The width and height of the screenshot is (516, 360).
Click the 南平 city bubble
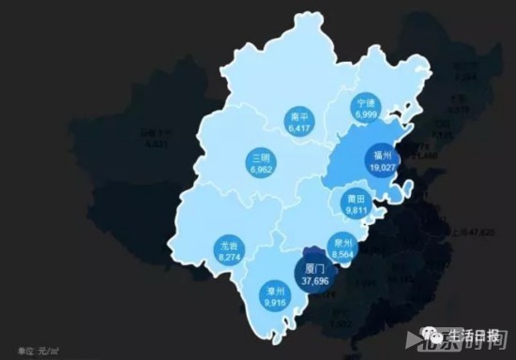[x=299, y=121]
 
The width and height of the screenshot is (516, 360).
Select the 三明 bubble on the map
[x=262, y=162]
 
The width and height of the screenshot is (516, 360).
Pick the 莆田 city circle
[x=354, y=204]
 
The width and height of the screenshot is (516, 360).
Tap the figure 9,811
[x=354, y=210]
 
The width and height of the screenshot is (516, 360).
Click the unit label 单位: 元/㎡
[x=28, y=349]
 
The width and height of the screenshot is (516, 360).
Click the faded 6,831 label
[x=157, y=143]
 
